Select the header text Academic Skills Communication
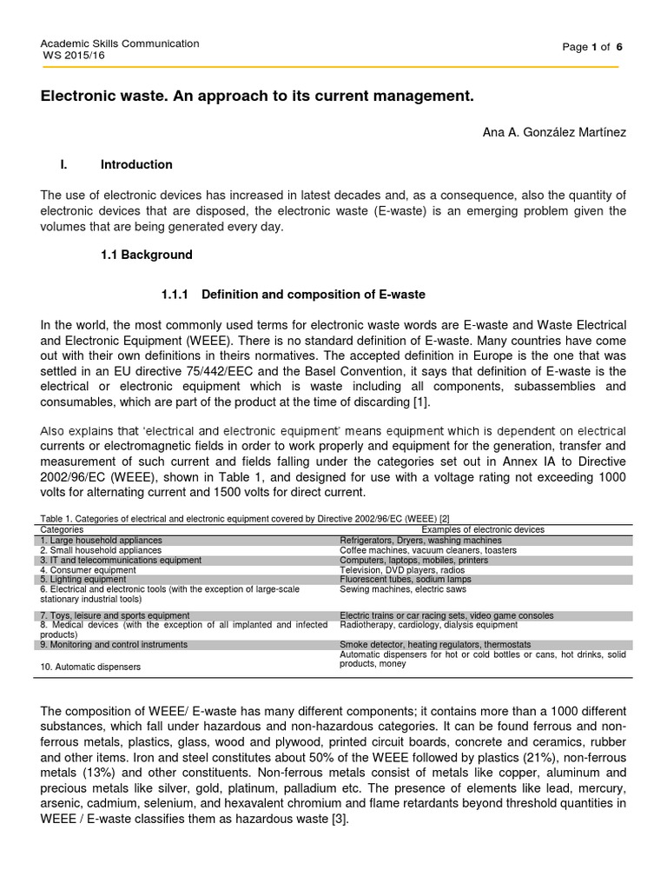pyautogui.click(x=121, y=43)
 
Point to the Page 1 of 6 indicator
pyautogui.click(x=592, y=47)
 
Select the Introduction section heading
pyautogui.click(x=136, y=164)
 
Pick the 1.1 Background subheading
pyautogui.click(x=147, y=255)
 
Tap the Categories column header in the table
pyautogui.click(x=63, y=529)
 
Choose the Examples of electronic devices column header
pyautogui.click(x=483, y=529)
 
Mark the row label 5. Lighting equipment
pyautogui.click(x=83, y=579)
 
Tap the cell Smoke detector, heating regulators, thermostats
pyautogui.click(x=434, y=645)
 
